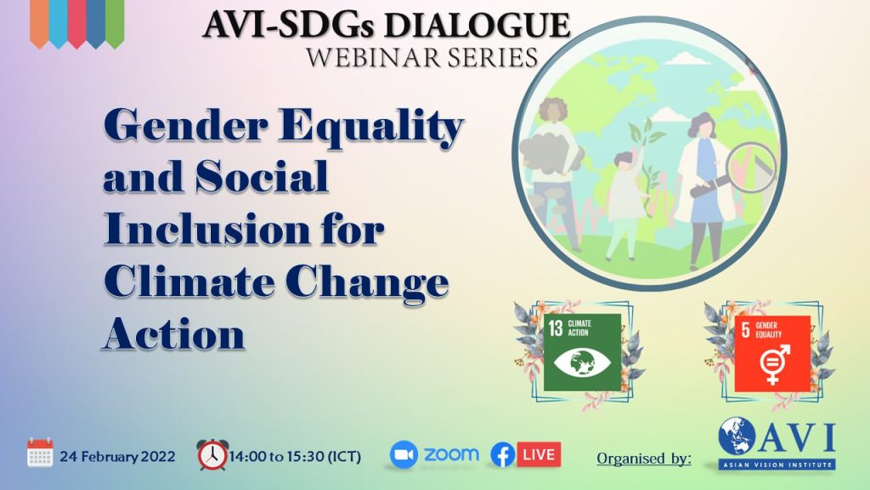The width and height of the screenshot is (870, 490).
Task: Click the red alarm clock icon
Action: coord(212,455)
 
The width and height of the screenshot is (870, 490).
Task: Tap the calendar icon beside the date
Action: coord(40,453)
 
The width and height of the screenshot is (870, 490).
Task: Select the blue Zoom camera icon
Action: coord(404,454)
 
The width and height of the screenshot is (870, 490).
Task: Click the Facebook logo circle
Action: coord(503,455)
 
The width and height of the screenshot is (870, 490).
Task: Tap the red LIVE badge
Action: coord(539,454)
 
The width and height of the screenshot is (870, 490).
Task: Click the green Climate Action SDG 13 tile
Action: coord(582,352)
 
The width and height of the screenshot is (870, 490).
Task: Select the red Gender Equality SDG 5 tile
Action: coord(772,353)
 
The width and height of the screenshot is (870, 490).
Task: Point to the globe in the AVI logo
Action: coord(737,436)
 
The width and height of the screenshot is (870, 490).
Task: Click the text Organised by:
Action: coord(644,459)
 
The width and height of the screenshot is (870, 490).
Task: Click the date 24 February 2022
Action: coord(117,457)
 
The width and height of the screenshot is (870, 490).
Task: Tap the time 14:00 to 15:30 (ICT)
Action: coord(295,457)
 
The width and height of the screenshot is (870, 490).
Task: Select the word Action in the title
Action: coord(174,333)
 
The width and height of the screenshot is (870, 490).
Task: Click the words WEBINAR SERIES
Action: coord(422,58)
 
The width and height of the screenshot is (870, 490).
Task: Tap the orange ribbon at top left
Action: coord(39,23)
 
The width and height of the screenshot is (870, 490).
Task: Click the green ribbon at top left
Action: coord(115,23)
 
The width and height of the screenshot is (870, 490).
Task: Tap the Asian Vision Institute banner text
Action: coord(777,464)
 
